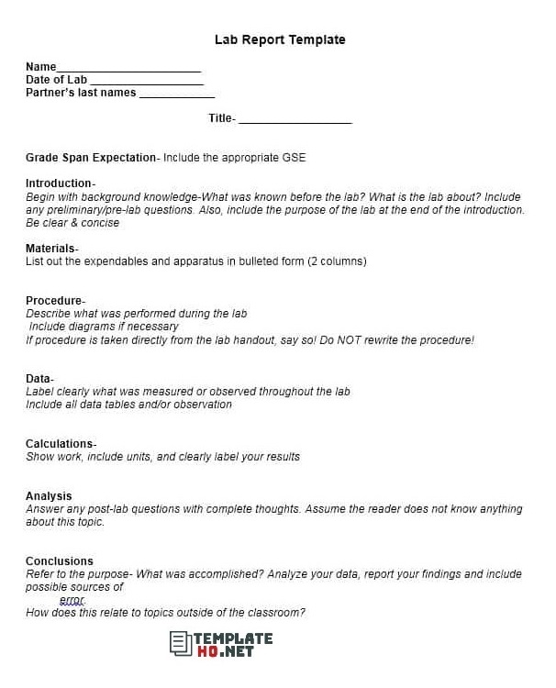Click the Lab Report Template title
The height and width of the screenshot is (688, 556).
tap(280, 39)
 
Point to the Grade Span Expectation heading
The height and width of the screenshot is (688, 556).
tap(91, 158)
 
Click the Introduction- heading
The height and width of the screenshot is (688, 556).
tap(60, 183)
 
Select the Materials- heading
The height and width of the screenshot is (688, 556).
tap(51, 249)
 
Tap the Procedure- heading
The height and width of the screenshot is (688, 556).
tap(55, 301)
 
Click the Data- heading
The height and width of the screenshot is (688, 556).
tap(39, 379)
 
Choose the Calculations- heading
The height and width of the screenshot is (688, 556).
tap(61, 444)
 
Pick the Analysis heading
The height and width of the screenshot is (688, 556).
tap(49, 496)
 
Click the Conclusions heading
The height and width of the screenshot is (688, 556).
tap(60, 561)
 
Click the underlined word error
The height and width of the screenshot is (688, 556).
tap(72, 600)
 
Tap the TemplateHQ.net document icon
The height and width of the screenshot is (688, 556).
tap(180, 643)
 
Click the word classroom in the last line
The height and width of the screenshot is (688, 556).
tap(274, 613)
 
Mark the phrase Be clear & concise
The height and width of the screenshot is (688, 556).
tap(73, 223)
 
